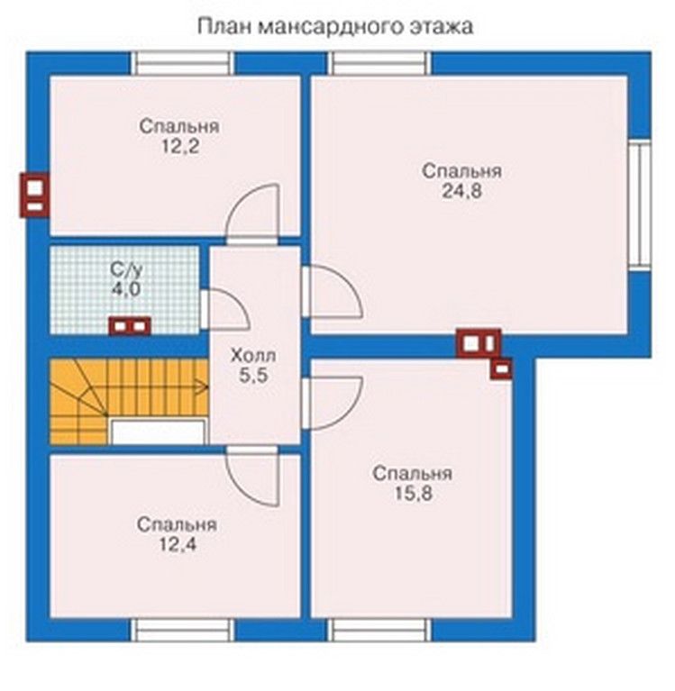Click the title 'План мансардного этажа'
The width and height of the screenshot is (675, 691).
(335, 26)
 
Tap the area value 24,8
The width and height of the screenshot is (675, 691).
(461, 191)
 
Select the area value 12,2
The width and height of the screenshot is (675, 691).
(179, 146)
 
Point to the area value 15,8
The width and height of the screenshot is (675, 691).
(413, 494)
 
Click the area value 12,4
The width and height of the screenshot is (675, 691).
(177, 545)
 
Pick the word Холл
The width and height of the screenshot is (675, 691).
(253, 355)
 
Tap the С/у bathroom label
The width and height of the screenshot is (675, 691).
(126, 269)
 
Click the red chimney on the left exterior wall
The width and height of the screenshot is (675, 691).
(34, 195)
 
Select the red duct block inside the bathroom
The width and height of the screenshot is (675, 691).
(130, 326)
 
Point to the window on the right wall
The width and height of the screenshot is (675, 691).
(640, 204)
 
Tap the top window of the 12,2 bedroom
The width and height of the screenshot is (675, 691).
(183, 63)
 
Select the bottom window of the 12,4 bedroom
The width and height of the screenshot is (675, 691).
(183, 630)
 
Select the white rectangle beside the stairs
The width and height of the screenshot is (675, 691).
(158, 432)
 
